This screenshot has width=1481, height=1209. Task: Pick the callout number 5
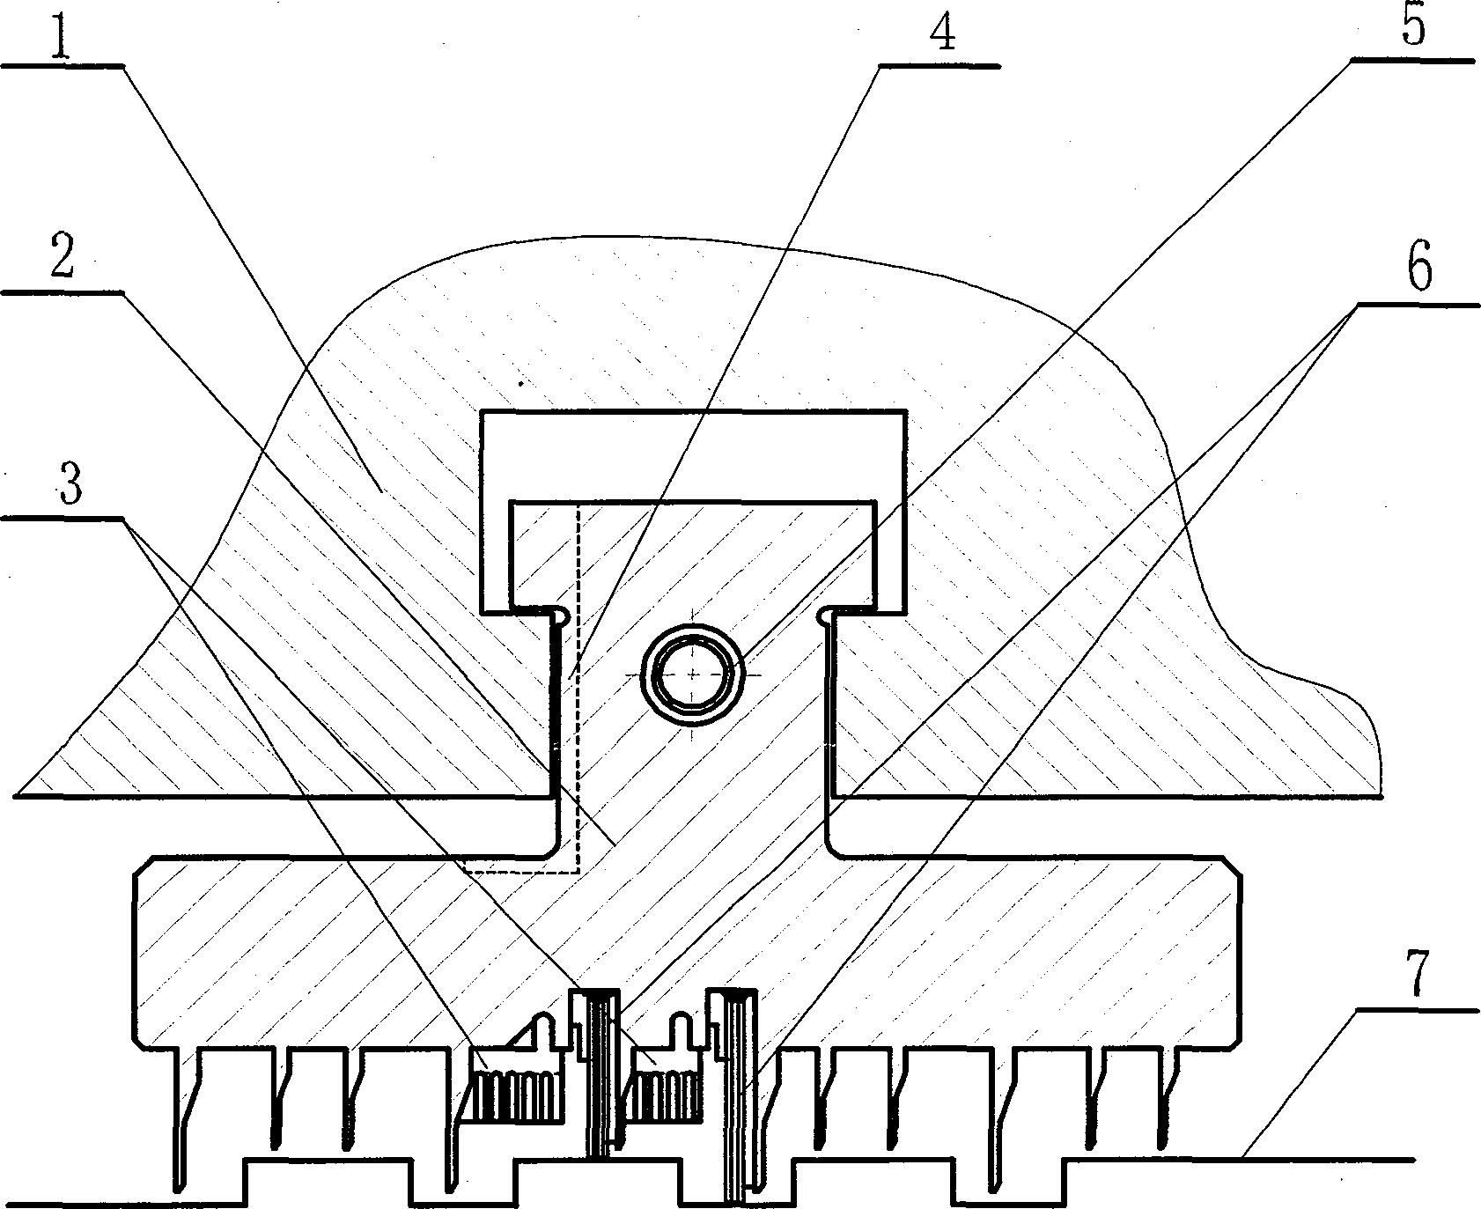pos(1412,26)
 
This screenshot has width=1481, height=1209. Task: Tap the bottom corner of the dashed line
pos(578,872)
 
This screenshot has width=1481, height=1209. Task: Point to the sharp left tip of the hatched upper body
pos(16,796)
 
